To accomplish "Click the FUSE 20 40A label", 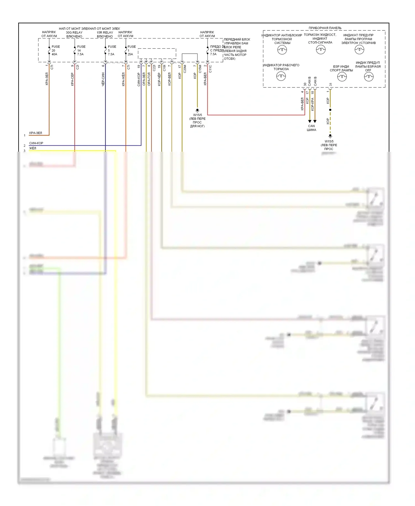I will click(x=55, y=50).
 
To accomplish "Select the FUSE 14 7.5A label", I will click(x=81, y=50).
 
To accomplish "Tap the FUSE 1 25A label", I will click(x=131, y=50).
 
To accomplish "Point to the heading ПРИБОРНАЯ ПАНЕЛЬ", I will click(x=325, y=28).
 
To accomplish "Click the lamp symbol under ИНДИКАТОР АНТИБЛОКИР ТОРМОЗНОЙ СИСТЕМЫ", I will click(x=282, y=50).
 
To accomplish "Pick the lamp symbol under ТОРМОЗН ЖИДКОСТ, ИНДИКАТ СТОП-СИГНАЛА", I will click(x=321, y=50).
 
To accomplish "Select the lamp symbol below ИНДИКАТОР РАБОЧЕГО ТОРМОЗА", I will click(x=281, y=76).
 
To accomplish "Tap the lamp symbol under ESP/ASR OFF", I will click(x=369, y=77).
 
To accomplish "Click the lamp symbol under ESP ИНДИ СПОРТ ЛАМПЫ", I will click(x=342, y=77).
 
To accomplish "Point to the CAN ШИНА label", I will click(x=312, y=128).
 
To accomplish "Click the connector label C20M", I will click(x=185, y=69).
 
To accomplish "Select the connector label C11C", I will click(x=210, y=69).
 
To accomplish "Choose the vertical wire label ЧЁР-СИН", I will click(x=103, y=79).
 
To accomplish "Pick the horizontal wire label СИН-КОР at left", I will click(x=36, y=143).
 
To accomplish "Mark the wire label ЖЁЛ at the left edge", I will click(x=33, y=148).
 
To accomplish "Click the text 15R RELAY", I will click(x=105, y=32).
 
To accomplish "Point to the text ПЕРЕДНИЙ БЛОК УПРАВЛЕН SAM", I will click(x=237, y=41).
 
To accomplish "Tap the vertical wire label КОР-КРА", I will click(x=313, y=104).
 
